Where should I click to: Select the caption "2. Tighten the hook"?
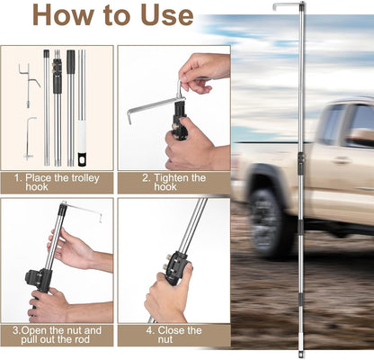(173, 184)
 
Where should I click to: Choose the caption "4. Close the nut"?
(173, 336)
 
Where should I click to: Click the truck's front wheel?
(271, 221)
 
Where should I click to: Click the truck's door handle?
(342, 160)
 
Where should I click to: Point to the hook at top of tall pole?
(288, 6)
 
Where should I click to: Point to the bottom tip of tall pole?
(302, 353)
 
